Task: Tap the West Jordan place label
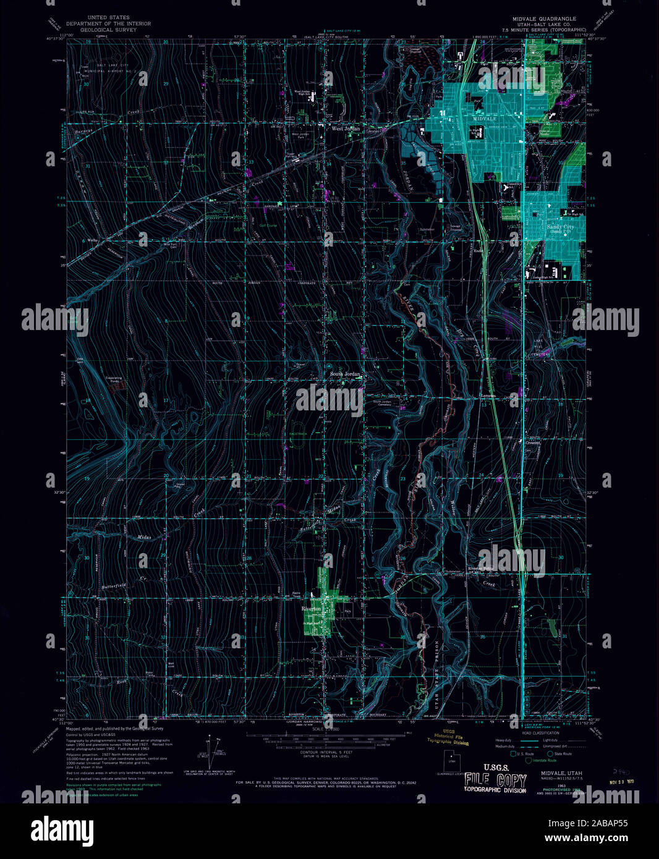tap(345, 129)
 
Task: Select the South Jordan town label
tap(344, 374)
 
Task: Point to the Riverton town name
tap(311, 609)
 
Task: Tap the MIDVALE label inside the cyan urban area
tap(484, 117)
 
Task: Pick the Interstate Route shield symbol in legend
tap(528, 761)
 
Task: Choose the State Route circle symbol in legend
tap(550, 754)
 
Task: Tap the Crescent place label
tap(533, 442)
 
